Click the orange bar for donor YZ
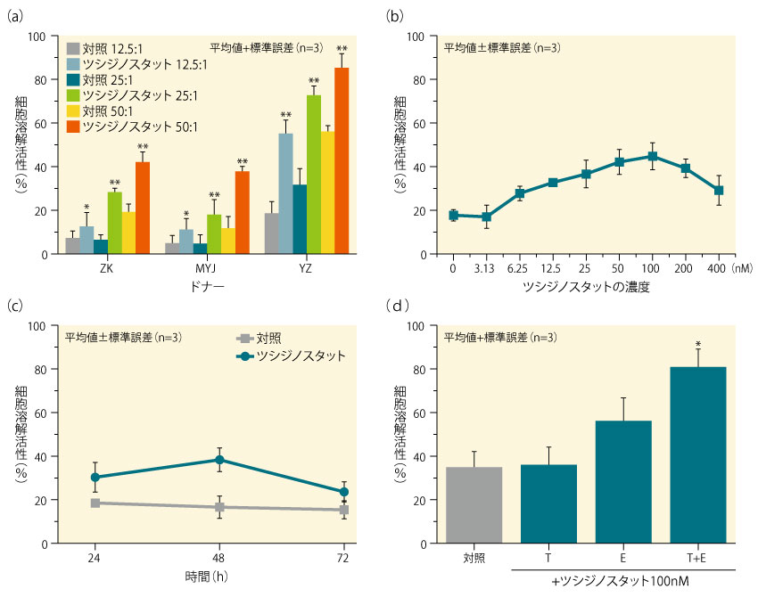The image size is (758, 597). [x=342, y=161]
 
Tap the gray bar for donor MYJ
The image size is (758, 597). [x=171, y=248]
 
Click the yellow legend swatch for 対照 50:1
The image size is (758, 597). [x=74, y=110]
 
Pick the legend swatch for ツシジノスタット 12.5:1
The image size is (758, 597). [x=74, y=63]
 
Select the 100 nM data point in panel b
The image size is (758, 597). [x=653, y=156]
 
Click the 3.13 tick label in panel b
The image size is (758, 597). [x=486, y=266]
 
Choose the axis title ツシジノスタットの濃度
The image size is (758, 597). [x=586, y=289]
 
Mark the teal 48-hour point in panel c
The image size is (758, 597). [x=219, y=460]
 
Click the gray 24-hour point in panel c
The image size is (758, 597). [x=95, y=503]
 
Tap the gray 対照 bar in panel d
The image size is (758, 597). [x=474, y=504]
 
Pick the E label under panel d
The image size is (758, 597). [x=623, y=557]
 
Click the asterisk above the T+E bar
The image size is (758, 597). [x=698, y=343]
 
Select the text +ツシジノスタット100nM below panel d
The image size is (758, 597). [x=623, y=581]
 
